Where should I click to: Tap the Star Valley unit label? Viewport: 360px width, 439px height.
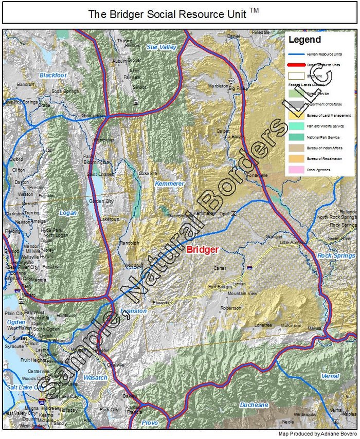[161, 47]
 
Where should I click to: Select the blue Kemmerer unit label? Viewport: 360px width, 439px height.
[166, 183]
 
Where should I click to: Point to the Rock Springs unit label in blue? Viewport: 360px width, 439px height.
[336, 255]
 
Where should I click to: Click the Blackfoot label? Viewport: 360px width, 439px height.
[53, 75]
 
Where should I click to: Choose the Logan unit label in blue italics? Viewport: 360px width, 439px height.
[68, 213]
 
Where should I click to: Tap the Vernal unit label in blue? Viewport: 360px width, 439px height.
[330, 376]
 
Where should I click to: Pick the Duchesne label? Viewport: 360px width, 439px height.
[254, 405]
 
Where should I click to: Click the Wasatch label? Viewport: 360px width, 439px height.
[95, 378]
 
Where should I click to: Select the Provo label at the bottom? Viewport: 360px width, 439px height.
[150, 422]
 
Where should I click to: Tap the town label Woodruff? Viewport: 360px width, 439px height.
[134, 265]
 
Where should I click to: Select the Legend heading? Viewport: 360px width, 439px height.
[304, 40]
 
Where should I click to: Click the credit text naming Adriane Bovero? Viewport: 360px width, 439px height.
[322, 434]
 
